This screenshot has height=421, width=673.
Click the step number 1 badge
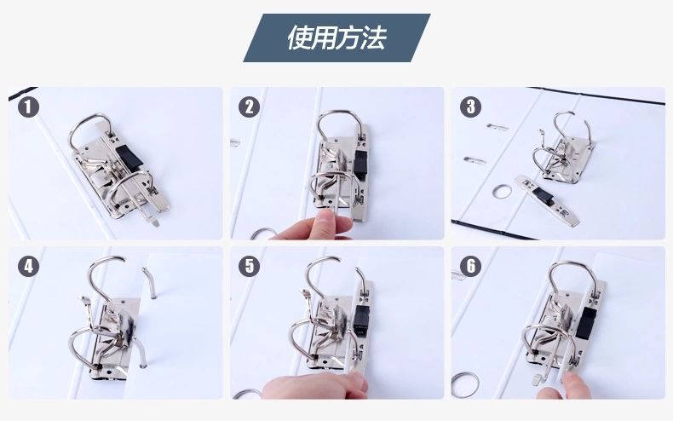tap(28, 107)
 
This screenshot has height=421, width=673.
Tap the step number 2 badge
tap(250, 107)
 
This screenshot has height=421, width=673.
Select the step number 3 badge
tap(471, 107)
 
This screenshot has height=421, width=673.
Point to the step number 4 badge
tap(28, 267)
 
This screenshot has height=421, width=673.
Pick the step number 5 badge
tap(250, 267)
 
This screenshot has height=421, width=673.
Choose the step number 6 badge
tap(471, 267)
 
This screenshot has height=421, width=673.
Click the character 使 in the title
tap(300, 37)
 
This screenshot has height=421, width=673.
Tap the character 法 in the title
tap(373, 37)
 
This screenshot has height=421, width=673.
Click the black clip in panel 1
tap(129, 157)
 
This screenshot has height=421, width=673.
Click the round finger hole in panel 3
tap(502, 192)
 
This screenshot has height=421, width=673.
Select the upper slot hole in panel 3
tap(497, 127)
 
